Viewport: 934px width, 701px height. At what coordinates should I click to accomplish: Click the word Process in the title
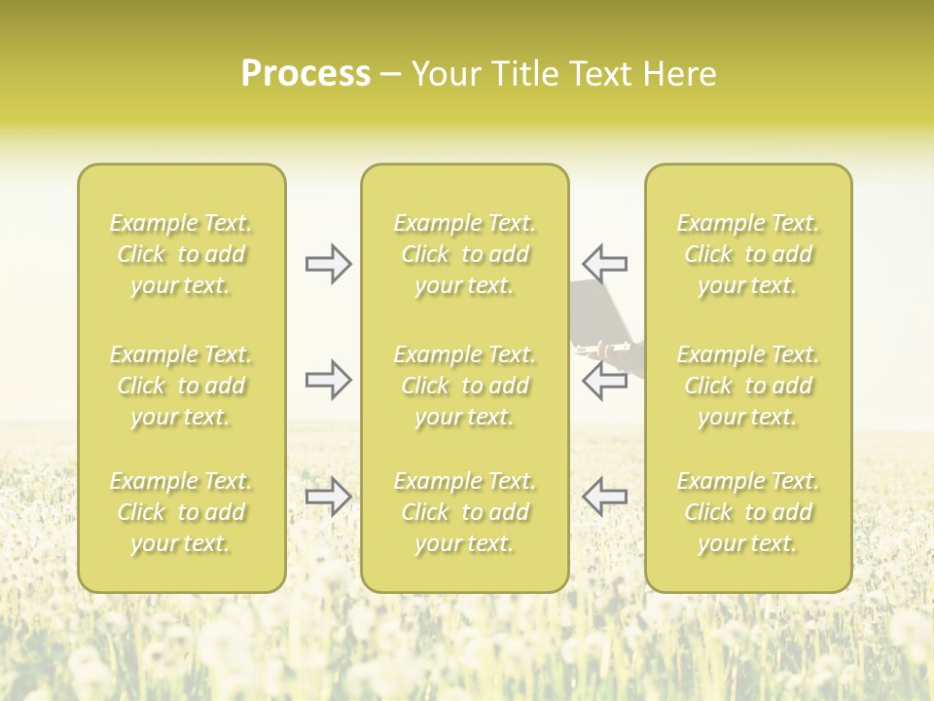(x=305, y=74)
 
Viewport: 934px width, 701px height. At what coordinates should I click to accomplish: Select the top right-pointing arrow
(x=328, y=263)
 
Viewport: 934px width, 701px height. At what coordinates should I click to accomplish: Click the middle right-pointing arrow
(x=328, y=380)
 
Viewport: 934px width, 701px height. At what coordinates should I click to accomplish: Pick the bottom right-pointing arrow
(x=328, y=497)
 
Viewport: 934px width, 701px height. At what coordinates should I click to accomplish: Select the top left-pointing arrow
(x=604, y=263)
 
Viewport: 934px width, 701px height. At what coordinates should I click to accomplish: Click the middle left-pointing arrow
(x=604, y=380)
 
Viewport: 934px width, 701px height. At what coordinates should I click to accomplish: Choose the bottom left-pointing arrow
(x=604, y=497)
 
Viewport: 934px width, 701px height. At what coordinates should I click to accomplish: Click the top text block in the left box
(x=181, y=254)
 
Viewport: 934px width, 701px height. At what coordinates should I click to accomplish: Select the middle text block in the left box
(x=181, y=386)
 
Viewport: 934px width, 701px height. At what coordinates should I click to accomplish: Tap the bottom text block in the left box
(x=181, y=512)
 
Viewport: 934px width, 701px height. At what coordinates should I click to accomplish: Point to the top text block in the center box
(x=465, y=254)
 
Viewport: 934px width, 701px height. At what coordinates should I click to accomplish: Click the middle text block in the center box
(x=465, y=386)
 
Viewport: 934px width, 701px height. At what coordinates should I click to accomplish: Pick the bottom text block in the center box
(x=465, y=512)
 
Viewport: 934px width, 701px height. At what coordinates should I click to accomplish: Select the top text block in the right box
(x=748, y=254)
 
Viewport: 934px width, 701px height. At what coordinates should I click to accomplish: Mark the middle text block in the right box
(x=748, y=386)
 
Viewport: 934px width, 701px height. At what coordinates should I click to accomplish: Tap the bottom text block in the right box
(x=748, y=512)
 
